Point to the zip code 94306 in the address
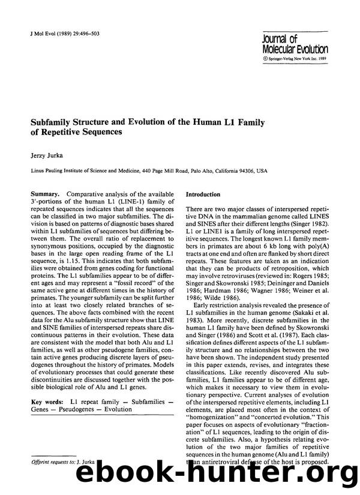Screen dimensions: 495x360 (246, 170)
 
